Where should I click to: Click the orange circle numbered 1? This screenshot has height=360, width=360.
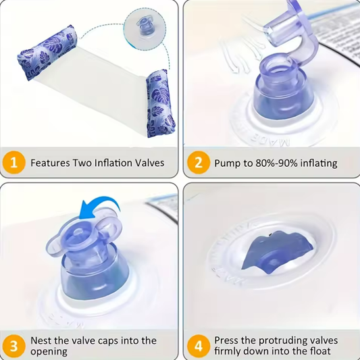coord(14,162)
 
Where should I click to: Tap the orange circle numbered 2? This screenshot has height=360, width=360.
coord(199,162)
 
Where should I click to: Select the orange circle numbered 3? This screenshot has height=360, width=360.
coord(14,346)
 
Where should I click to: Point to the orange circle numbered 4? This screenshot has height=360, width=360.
coord(199,346)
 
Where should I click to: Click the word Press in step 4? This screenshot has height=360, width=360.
coord(226,340)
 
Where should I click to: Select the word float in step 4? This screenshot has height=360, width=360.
coord(319,351)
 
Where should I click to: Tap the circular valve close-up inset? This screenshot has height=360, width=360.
coord(145,29)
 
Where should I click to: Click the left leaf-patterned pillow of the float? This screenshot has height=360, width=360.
coord(47,53)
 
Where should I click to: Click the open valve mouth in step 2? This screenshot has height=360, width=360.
coord(278,67)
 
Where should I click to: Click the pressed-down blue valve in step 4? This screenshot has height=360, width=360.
coord(277,251)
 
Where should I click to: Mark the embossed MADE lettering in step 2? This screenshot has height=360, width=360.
coord(270,140)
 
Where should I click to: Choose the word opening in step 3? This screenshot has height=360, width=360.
coord(49,352)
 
